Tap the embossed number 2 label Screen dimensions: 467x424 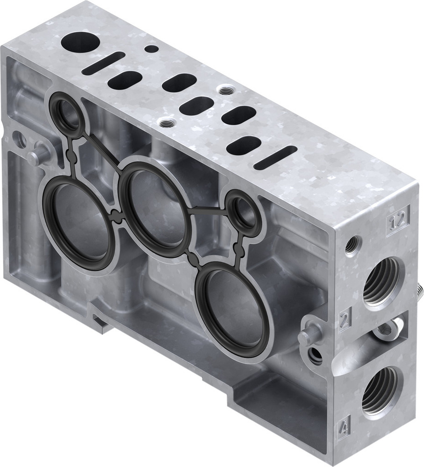tap(345, 320)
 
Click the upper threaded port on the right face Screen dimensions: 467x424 tap(381, 281)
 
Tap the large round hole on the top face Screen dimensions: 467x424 tap(80, 42)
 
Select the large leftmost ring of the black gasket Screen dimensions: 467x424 tap(78, 225)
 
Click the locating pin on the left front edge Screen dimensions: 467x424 tap(37, 156)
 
